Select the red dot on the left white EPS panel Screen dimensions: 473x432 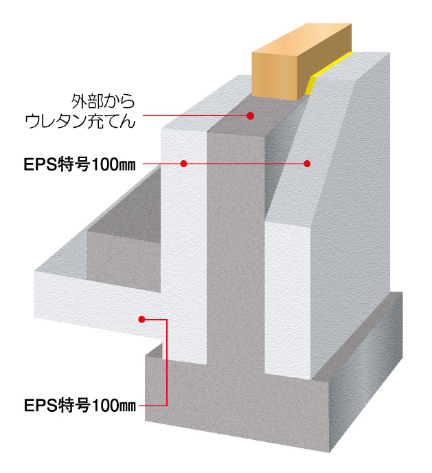[x=183, y=164]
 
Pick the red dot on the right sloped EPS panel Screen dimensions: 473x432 [x=307, y=164]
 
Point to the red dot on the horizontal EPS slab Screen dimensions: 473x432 [x=142, y=319]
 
